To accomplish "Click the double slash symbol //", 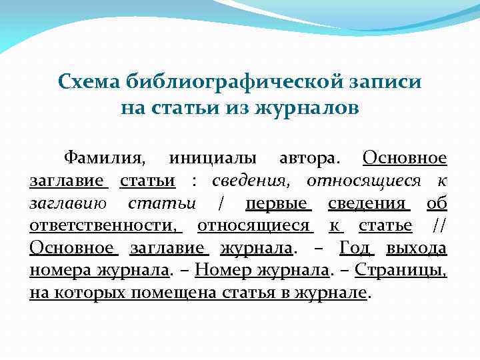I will pos(439,226).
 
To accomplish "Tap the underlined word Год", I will pos(357,249).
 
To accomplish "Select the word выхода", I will pos(418,249).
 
